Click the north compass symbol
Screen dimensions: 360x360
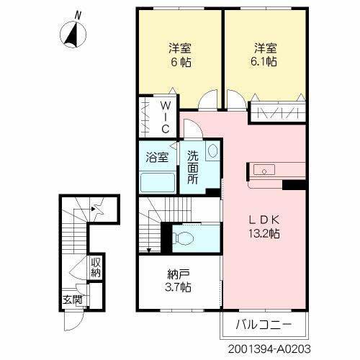click(71, 32)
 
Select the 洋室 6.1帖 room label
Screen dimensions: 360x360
click(266, 55)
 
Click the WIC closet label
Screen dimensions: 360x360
click(164, 118)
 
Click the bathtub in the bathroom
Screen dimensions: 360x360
click(158, 181)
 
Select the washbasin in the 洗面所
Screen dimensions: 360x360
click(212, 151)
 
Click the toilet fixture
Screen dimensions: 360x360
click(186, 238)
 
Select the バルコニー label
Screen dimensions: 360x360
click(264, 324)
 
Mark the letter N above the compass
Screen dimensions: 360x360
click(77, 14)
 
